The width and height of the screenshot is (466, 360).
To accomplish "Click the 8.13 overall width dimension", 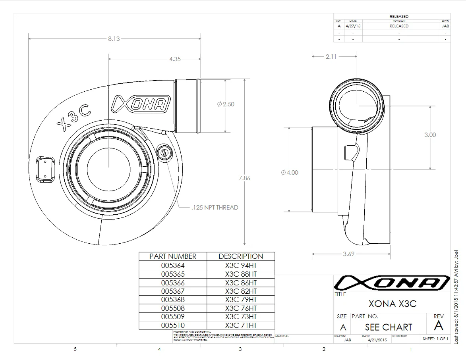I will click(x=114, y=39).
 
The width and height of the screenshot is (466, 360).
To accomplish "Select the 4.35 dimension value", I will click(x=175, y=59).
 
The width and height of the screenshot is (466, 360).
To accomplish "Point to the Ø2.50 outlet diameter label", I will click(x=226, y=104).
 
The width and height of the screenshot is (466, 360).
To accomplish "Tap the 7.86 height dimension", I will click(x=244, y=178).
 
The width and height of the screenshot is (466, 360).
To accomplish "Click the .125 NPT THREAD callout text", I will click(x=215, y=207).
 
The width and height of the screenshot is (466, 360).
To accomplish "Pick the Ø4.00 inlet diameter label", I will click(x=289, y=173).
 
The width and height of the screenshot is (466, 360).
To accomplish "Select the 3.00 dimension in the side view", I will click(x=430, y=135).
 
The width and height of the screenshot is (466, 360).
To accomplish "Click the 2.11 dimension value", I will click(x=331, y=57).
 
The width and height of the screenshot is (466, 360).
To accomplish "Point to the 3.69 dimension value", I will click(x=348, y=254).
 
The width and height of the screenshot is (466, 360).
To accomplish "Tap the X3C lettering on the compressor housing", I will click(x=74, y=118).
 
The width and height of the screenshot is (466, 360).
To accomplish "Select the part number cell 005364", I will click(x=173, y=266).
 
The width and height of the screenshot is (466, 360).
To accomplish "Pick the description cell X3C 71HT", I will click(x=241, y=325).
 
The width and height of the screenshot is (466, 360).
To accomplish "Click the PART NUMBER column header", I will click(x=173, y=256).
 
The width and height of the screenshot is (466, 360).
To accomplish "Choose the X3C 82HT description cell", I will click(x=241, y=291).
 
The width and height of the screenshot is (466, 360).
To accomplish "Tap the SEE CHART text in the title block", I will click(x=389, y=327).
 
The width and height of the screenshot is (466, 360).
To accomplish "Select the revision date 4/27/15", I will click(x=353, y=26).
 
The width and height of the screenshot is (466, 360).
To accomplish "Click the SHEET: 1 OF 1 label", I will click(x=435, y=339).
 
